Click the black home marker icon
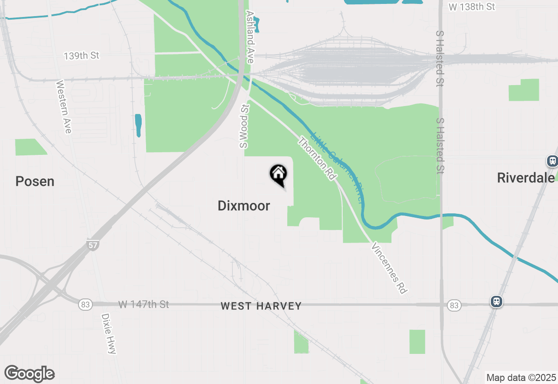(x=279, y=174)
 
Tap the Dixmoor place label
(x=244, y=206)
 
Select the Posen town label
(x=35, y=182)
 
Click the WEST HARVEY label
(x=261, y=306)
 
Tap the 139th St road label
(x=82, y=56)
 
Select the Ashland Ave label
(x=250, y=37)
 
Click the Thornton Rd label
(x=317, y=158)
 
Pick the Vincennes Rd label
(x=389, y=268)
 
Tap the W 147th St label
(x=143, y=304)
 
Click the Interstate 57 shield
(x=92, y=245)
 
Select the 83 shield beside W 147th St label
(x=85, y=305)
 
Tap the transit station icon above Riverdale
(x=552, y=161)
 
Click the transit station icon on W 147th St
(x=496, y=302)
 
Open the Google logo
(x=29, y=374)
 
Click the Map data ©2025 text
(x=521, y=377)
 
